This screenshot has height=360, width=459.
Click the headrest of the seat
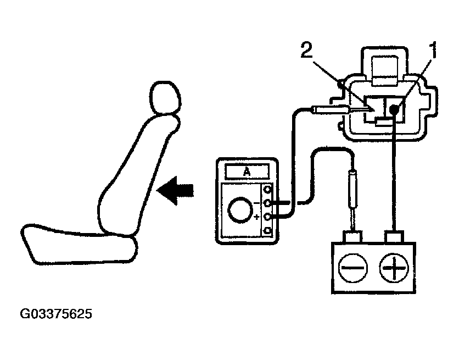pos(165,99)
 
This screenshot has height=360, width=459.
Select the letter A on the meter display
pos(247,171)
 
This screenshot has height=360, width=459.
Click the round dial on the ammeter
pos(239,211)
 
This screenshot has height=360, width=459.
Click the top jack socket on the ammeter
pos(268,190)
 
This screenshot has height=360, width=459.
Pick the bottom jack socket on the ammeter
pos(268,230)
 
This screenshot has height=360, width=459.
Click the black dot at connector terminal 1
pos(393,110)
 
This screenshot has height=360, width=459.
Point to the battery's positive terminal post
pos(394,238)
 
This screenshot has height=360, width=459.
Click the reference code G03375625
pos(57,315)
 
